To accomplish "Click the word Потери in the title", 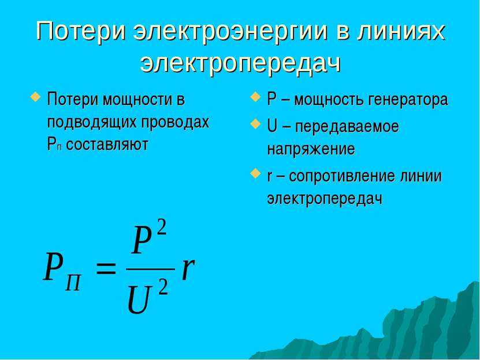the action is tap(81, 31).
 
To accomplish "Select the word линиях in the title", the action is tap(403, 31).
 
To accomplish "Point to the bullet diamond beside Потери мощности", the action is tap(35, 97).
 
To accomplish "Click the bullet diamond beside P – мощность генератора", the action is tap(255, 97).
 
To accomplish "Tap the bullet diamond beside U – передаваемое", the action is tap(255, 124).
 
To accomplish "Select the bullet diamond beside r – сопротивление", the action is tap(255, 173).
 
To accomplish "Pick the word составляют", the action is tap(107, 144).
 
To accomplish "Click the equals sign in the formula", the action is tap(106, 269).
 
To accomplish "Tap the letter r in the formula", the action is tap(188, 269).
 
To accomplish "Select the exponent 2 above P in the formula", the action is tap(161, 228).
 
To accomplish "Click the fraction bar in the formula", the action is tap(150, 269).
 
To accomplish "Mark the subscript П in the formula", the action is tap(73, 283).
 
